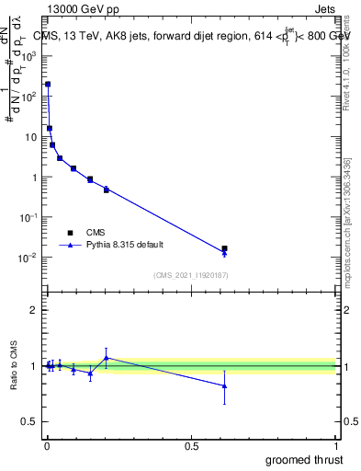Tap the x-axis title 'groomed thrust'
point(303,459)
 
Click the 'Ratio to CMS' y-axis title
point(14,366)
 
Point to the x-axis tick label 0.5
point(191,445)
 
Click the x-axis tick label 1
point(335,445)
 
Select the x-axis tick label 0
point(47,445)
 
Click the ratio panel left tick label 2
point(34,310)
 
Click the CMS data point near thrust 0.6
point(224,248)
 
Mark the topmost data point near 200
point(48,84)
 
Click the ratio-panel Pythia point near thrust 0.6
point(224,386)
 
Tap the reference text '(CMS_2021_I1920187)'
point(190,274)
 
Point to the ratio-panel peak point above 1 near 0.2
point(107,358)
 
